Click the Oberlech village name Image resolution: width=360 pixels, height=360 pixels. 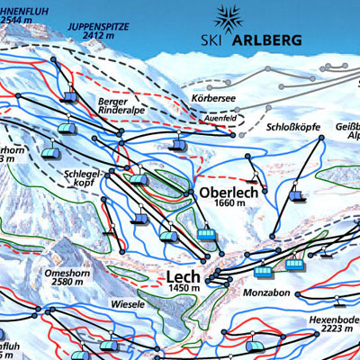pos(224,192)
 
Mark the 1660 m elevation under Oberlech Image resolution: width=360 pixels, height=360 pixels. pos(224,204)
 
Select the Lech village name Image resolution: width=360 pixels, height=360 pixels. pos(183,274)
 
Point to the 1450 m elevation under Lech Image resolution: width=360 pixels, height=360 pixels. pos(184,287)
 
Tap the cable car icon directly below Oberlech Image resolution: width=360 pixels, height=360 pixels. pos(207,236)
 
